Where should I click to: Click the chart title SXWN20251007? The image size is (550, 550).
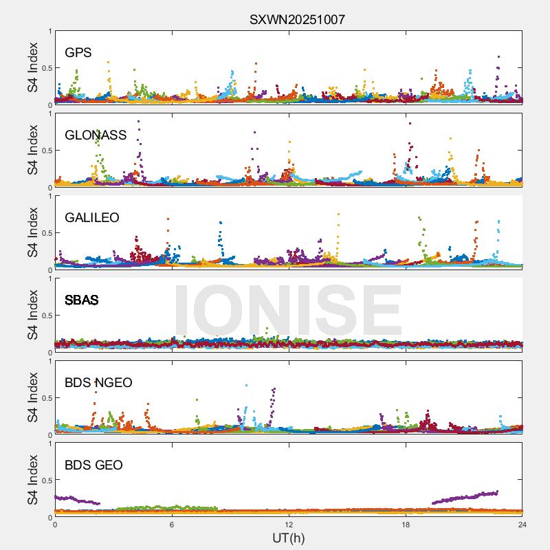pos(297,19)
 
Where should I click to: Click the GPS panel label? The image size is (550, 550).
pos(78,53)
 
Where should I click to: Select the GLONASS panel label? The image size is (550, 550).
pos(96,135)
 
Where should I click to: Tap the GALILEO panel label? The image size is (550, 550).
pos(92,218)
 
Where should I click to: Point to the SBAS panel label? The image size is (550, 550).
pos(81,300)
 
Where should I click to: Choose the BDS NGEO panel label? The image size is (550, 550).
pos(98,383)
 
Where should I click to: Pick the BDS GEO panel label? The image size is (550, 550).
pos(93,465)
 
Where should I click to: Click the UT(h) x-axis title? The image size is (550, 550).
pos(288,538)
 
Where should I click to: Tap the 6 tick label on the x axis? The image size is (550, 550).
pos(172,525)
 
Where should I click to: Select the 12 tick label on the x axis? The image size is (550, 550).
pos(289,525)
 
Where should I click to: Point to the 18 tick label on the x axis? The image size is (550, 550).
pos(406,525)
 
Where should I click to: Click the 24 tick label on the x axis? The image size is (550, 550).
pos(522,525)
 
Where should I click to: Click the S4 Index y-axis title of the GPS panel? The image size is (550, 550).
pos(33,67)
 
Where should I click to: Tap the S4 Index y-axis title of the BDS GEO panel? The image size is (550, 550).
pos(33,480)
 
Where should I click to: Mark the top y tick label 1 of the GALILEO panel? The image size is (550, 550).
pos(49,196)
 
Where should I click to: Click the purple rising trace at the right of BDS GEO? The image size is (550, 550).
pos(467,496)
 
